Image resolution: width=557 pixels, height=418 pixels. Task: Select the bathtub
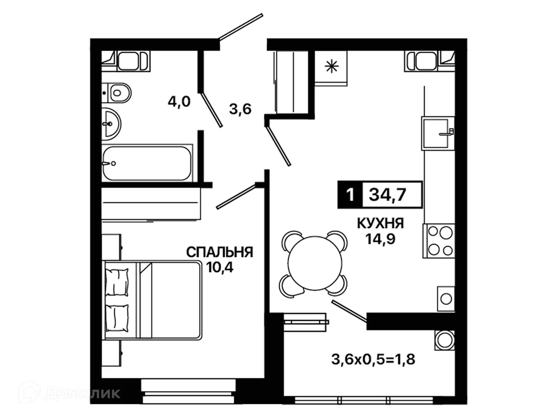point(147,163)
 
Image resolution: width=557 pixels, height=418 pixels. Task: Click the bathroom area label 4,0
point(179,102)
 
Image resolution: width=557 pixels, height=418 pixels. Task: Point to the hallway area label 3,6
point(240,109)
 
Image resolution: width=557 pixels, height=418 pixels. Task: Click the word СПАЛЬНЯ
point(219,252)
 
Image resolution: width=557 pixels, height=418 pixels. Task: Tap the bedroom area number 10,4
point(219,267)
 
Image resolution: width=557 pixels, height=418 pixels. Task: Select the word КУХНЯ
point(380,224)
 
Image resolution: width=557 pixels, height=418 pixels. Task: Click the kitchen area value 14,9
point(380,238)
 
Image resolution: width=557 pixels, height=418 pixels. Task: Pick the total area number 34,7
point(388,195)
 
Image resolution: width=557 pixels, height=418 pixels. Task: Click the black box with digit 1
point(350,195)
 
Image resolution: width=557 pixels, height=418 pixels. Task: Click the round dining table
point(315,263)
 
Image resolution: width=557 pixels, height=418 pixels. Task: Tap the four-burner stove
point(439,241)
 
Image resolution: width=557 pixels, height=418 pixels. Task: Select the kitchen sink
point(438,133)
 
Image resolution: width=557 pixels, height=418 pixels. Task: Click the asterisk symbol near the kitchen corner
point(331,67)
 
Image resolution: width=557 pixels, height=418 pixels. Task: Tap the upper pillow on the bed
point(117,282)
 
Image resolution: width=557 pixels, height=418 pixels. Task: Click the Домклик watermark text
point(82,394)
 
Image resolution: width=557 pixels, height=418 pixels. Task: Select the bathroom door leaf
point(211,110)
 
